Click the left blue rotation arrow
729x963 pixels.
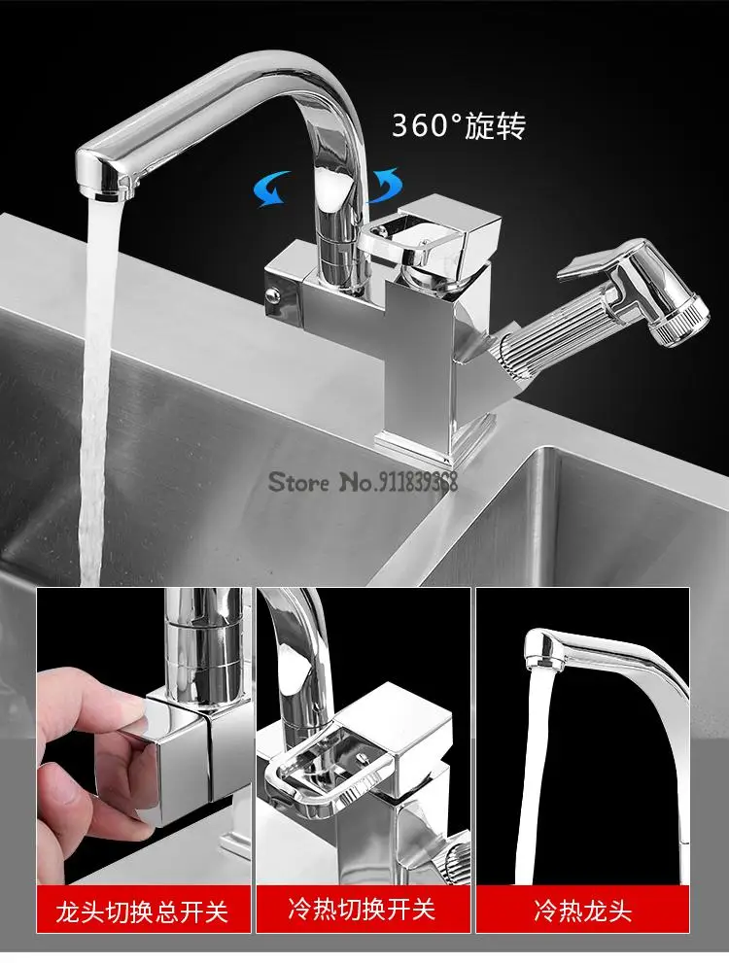273,188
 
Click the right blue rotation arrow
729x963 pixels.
385,186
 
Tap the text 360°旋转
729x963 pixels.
458,125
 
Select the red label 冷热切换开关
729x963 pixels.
363,910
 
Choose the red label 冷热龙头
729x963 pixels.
581,911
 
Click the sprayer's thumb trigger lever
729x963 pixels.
590,261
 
